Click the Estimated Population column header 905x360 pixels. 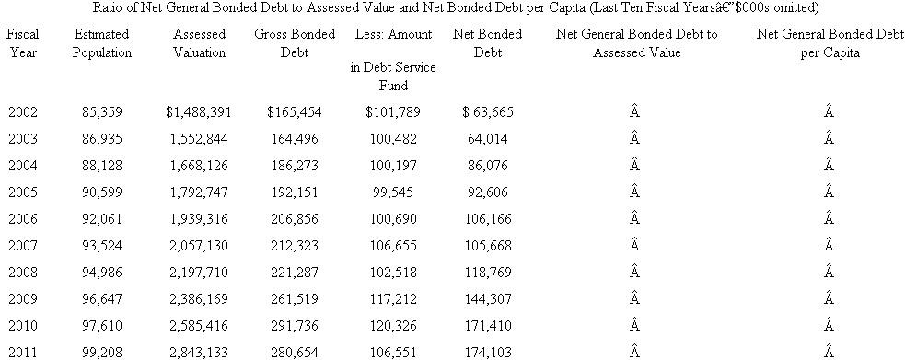click(x=101, y=43)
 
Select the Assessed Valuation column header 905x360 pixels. click(x=199, y=43)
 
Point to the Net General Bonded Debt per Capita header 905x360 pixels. click(x=829, y=43)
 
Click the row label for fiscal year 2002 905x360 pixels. click(x=22, y=112)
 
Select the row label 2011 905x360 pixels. click(x=22, y=352)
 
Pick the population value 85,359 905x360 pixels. click(x=101, y=112)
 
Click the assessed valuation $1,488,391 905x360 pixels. click(x=199, y=112)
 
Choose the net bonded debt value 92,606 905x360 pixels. click(x=488, y=192)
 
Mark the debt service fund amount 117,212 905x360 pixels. click(x=393, y=299)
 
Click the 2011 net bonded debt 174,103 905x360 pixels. click(x=488, y=352)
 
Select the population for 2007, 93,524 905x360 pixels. click(x=101, y=246)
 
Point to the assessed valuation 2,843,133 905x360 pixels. click(x=200, y=352)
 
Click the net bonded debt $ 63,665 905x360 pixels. click(x=488, y=112)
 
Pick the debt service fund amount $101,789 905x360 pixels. click(x=393, y=112)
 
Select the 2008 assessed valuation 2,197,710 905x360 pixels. click(x=200, y=273)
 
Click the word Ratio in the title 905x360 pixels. click(x=109, y=7)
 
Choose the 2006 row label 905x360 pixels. click(x=22, y=219)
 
